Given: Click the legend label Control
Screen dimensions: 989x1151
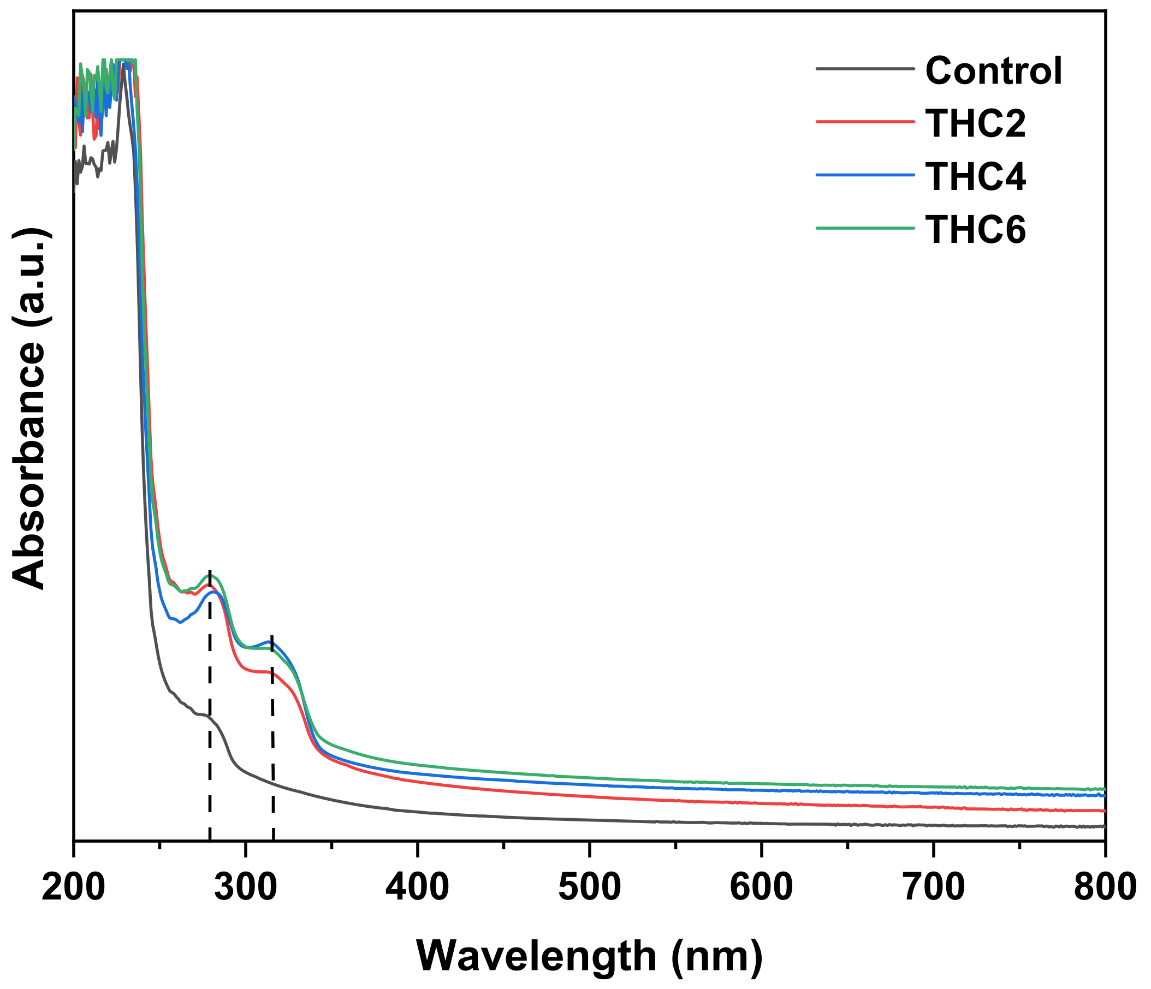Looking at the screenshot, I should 993,71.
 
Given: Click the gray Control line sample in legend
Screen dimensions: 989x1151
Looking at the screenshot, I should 865,69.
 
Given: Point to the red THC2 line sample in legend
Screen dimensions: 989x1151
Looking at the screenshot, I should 865,121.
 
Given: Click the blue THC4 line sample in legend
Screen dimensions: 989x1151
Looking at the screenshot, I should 865,174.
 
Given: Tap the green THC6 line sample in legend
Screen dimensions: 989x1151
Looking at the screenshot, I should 865,228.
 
